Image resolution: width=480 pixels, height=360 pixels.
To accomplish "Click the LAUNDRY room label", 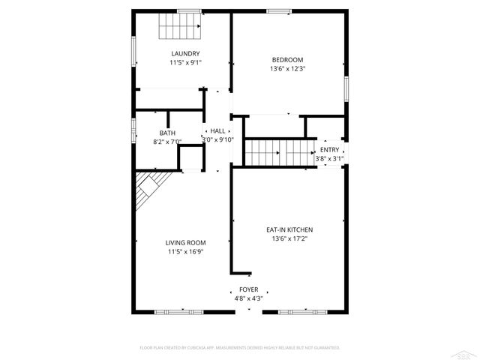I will point(185,53).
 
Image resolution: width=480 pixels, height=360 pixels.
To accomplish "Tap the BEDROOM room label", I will point(287,59).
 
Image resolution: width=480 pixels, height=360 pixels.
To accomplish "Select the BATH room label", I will point(167,133).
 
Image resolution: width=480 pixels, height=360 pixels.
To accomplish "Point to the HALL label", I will point(217,130).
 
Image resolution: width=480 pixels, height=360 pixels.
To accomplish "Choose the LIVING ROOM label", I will point(186,242).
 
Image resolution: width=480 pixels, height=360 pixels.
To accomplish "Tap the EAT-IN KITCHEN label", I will point(289,229).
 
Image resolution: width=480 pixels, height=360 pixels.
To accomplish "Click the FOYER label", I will point(248,289).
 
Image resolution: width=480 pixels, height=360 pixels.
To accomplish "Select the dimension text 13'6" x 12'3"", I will point(287,68).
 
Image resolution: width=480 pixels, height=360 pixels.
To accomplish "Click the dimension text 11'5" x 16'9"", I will point(186,251).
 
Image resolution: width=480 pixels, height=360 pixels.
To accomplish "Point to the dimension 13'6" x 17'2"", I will point(289,238).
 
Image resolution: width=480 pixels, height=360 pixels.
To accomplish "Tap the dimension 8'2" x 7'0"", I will point(167,142).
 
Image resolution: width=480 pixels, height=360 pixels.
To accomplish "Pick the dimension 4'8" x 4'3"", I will point(248,298).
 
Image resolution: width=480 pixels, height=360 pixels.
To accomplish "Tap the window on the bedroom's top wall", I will point(279,10).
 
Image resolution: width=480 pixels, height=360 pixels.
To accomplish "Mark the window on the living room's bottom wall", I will point(174,310).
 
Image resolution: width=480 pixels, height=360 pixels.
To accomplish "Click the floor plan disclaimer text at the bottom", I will point(240,348).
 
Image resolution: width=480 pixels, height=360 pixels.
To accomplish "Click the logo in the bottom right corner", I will point(467,352).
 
